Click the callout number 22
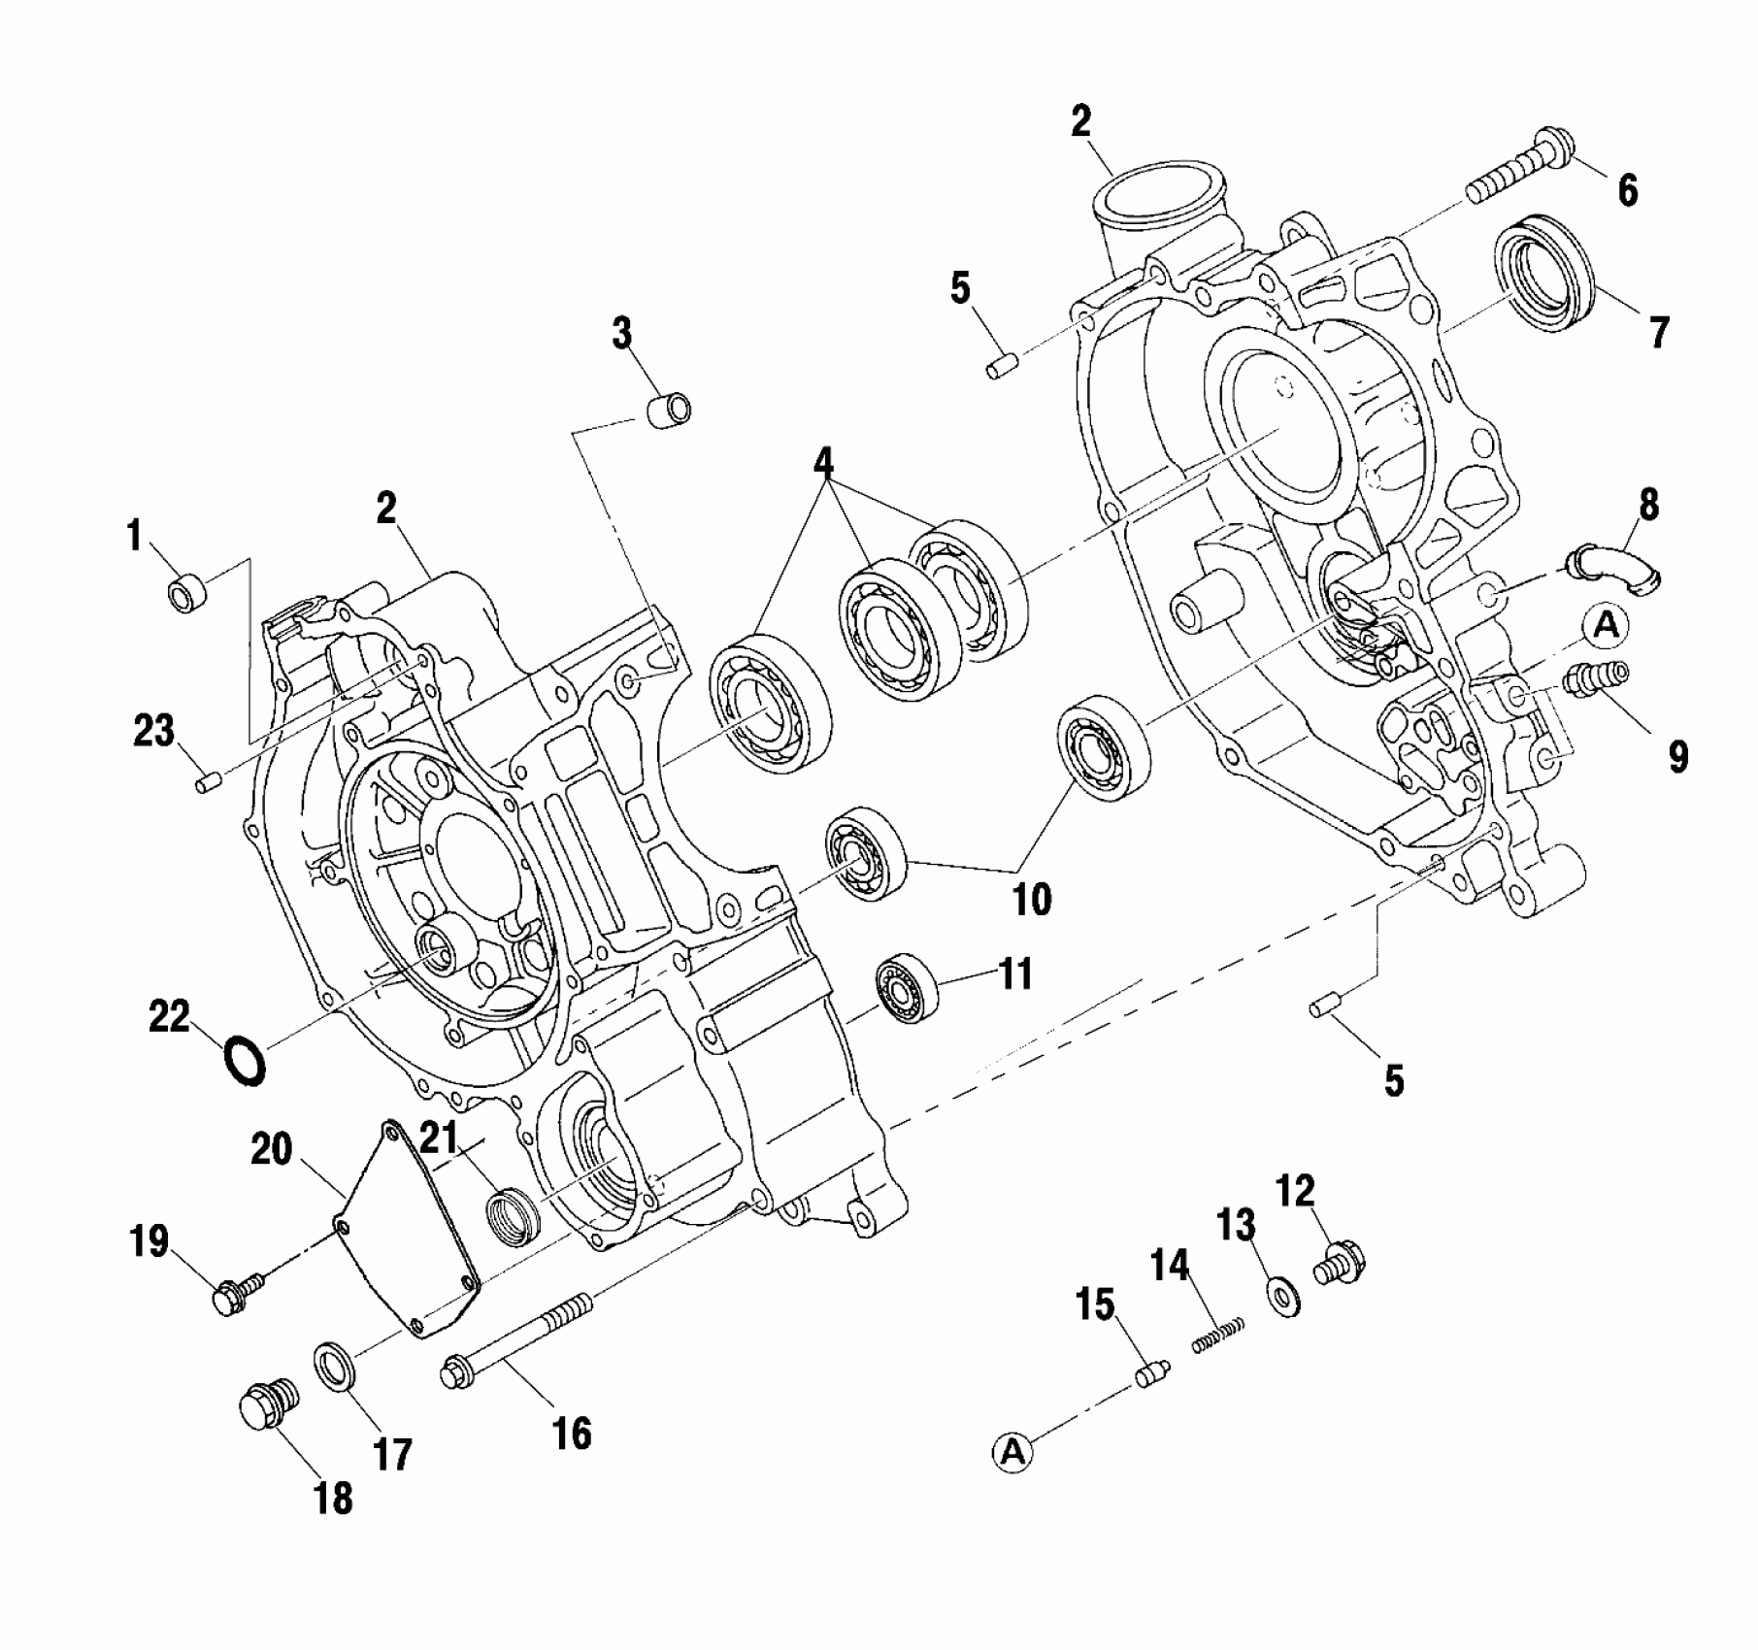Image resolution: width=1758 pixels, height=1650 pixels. pos(170,1017)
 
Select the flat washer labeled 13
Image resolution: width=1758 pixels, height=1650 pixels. pos(1284,1296)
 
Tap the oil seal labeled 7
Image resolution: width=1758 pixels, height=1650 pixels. pos(1550,275)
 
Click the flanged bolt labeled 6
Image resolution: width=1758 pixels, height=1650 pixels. pos(1518,176)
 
